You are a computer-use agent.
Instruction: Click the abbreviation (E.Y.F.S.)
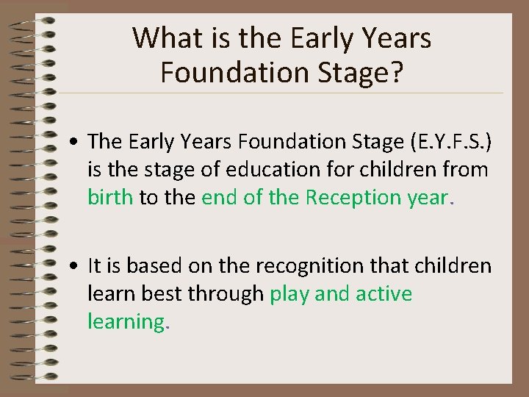click(449, 141)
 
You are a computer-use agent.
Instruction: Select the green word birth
click(110, 197)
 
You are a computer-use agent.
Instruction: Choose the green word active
click(384, 294)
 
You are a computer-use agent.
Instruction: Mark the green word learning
click(126, 322)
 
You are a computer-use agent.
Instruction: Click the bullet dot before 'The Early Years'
click(76, 142)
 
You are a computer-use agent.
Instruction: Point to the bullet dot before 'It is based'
click(76, 266)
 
